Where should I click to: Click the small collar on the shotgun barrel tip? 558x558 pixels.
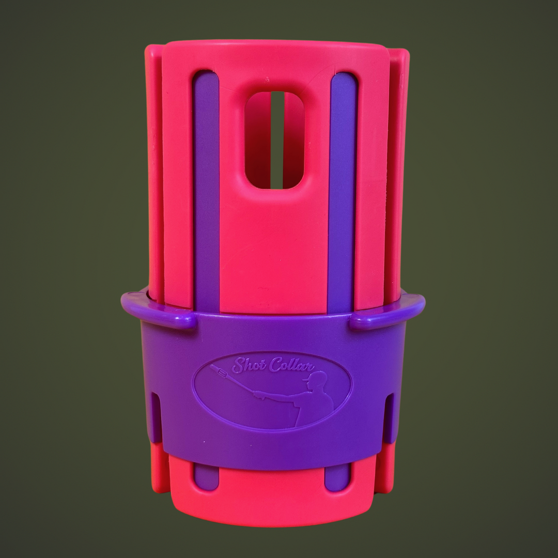[x=220, y=370]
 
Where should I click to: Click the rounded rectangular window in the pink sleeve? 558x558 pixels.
[x=274, y=140]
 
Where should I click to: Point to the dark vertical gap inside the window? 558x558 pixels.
[x=277, y=140]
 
